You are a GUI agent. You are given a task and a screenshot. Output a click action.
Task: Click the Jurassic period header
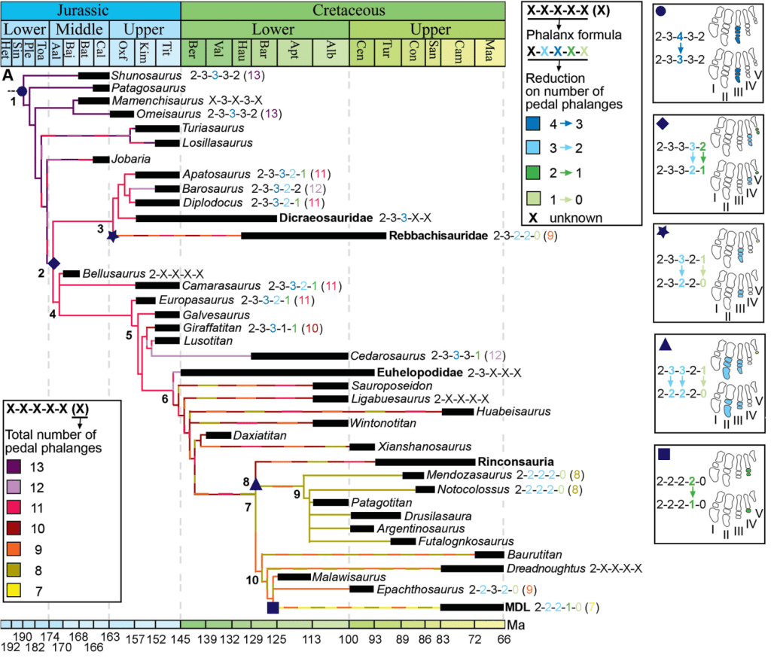90,11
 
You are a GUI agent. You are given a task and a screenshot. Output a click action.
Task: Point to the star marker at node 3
113,236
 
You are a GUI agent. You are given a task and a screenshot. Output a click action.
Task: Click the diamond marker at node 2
53,262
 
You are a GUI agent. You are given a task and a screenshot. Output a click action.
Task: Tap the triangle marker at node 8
255,484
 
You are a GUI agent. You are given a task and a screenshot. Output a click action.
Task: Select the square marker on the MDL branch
273,606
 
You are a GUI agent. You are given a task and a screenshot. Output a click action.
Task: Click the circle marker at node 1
22,91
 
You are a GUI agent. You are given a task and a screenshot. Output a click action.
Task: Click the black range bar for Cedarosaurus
298,355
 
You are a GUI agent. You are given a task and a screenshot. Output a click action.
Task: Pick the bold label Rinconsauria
516,461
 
